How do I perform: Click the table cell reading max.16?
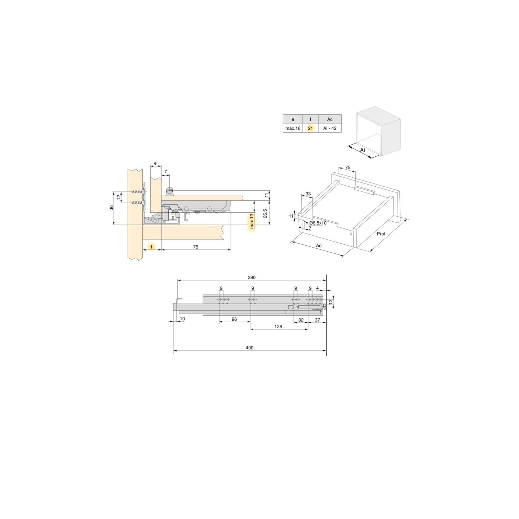click(x=293, y=128)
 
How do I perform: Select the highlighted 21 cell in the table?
click(x=310, y=128)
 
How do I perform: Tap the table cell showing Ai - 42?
click(x=330, y=128)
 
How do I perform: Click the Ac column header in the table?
click(x=330, y=119)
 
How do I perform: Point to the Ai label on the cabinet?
click(x=363, y=149)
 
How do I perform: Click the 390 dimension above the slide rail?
click(x=252, y=278)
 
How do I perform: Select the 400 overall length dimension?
click(x=249, y=348)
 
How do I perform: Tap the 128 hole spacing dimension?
click(x=278, y=327)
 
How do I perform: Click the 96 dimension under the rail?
click(x=234, y=319)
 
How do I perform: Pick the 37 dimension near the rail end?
click(x=318, y=320)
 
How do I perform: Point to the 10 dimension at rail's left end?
click(x=182, y=319)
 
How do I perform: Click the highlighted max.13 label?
click(x=252, y=221)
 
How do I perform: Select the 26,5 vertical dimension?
click(x=265, y=214)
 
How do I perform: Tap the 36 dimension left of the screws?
click(x=111, y=208)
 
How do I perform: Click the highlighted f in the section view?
click(x=152, y=247)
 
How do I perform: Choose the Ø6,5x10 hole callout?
click(x=318, y=223)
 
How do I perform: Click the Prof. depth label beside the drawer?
click(x=381, y=234)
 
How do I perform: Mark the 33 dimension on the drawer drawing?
click(x=308, y=194)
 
